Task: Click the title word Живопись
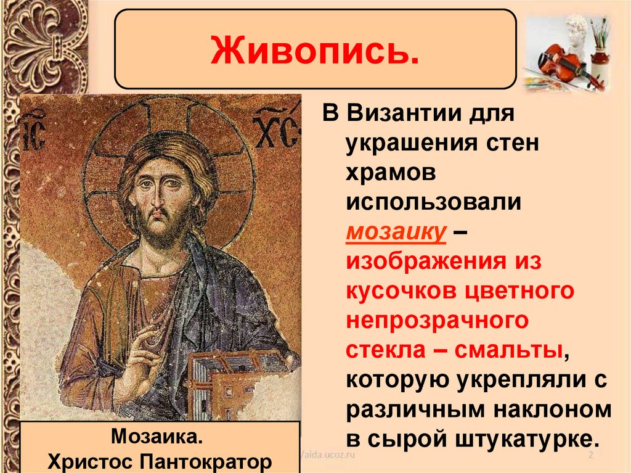(315, 51)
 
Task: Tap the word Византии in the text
(428, 115)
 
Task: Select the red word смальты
(508, 350)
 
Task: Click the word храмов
(391, 173)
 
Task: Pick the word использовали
(434, 203)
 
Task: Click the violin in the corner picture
(563, 64)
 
